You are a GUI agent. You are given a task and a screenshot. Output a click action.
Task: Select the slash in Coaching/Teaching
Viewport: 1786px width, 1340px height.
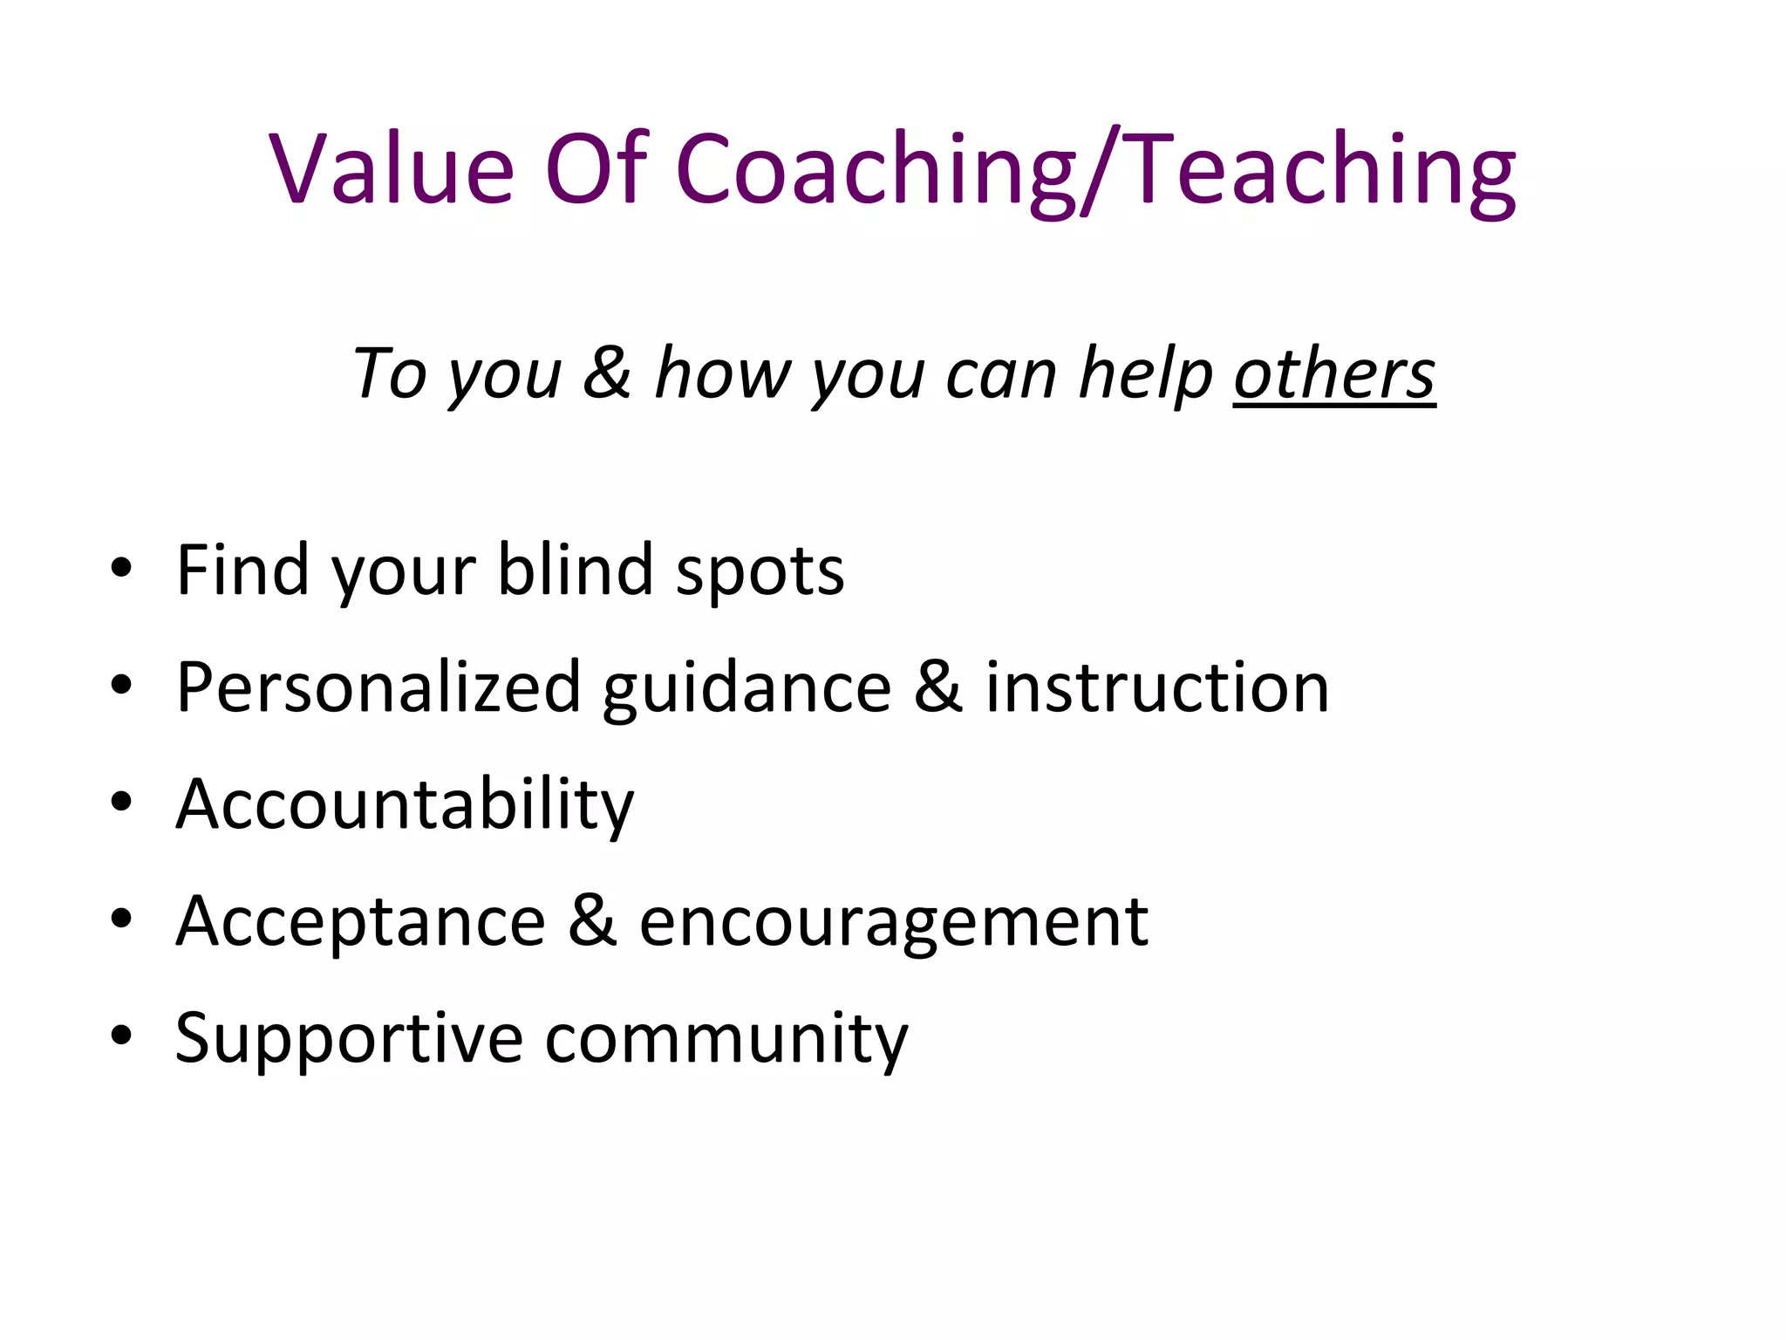coord(1105,170)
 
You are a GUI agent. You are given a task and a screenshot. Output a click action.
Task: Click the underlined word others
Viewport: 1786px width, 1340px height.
coord(1334,373)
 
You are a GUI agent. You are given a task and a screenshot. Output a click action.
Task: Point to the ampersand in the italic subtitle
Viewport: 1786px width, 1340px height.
coord(607,373)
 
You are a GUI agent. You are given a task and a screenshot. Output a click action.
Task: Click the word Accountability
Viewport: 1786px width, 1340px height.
coord(405,804)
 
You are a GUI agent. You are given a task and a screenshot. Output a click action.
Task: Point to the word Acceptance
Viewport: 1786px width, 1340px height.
coord(361,922)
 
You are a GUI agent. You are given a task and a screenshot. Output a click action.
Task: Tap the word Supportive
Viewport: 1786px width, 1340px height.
coord(349,1039)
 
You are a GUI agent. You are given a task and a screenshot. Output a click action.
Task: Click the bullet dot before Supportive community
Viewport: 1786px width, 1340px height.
coord(121,1035)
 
